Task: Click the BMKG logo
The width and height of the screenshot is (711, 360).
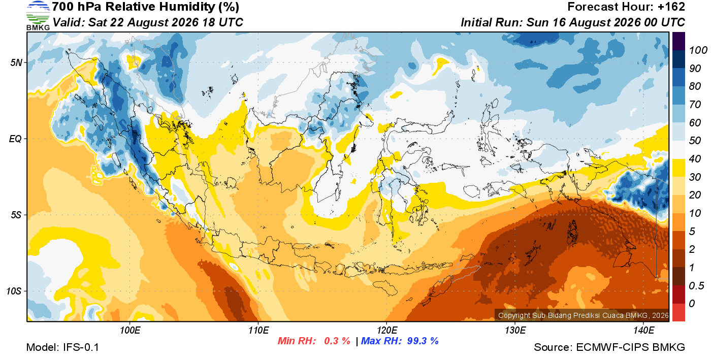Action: pyautogui.click(x=38, y=16)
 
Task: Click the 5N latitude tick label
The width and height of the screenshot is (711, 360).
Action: pyautogui.click(x=16, y=62)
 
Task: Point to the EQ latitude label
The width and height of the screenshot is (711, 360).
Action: pyautogui.click(x=16, y=139)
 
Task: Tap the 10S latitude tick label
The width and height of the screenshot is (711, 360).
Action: pyautogui.click(x=14, y=291)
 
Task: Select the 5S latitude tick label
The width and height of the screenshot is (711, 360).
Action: pyautogui.click(x=16, y=215)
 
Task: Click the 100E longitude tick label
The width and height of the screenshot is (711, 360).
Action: pyautogui.click(x=130, y=330)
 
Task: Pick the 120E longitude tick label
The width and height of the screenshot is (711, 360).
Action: pyautogui.click(x=387, y=330)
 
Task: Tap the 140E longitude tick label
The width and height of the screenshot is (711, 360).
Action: pyautogui.click(x=643, y=330)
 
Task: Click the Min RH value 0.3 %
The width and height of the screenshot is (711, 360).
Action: pyautogui.click(x=337, y=341)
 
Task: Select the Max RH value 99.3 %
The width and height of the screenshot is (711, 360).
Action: pyautogui.click(x=423, y=341)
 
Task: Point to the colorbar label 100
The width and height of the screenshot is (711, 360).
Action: pyautogui.click(x=698, y=50)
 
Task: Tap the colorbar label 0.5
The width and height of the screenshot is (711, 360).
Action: pyautogui.click(x=696, y=286)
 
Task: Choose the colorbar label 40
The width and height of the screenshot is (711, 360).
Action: pyautogui.click(x=695, y=159)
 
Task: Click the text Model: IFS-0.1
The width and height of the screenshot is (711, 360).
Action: pyautogui.click(x=62, y=347)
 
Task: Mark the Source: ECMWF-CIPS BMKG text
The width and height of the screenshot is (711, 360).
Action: pyautogui.click(x=609, y=347)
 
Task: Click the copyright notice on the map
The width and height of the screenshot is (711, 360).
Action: pyautogui.click(x=584, y=315)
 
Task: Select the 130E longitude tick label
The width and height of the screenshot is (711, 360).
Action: pyautogui.click(x=515, y=330)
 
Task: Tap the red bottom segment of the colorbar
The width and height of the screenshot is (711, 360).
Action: pyautogui.click(x=678, y=312)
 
